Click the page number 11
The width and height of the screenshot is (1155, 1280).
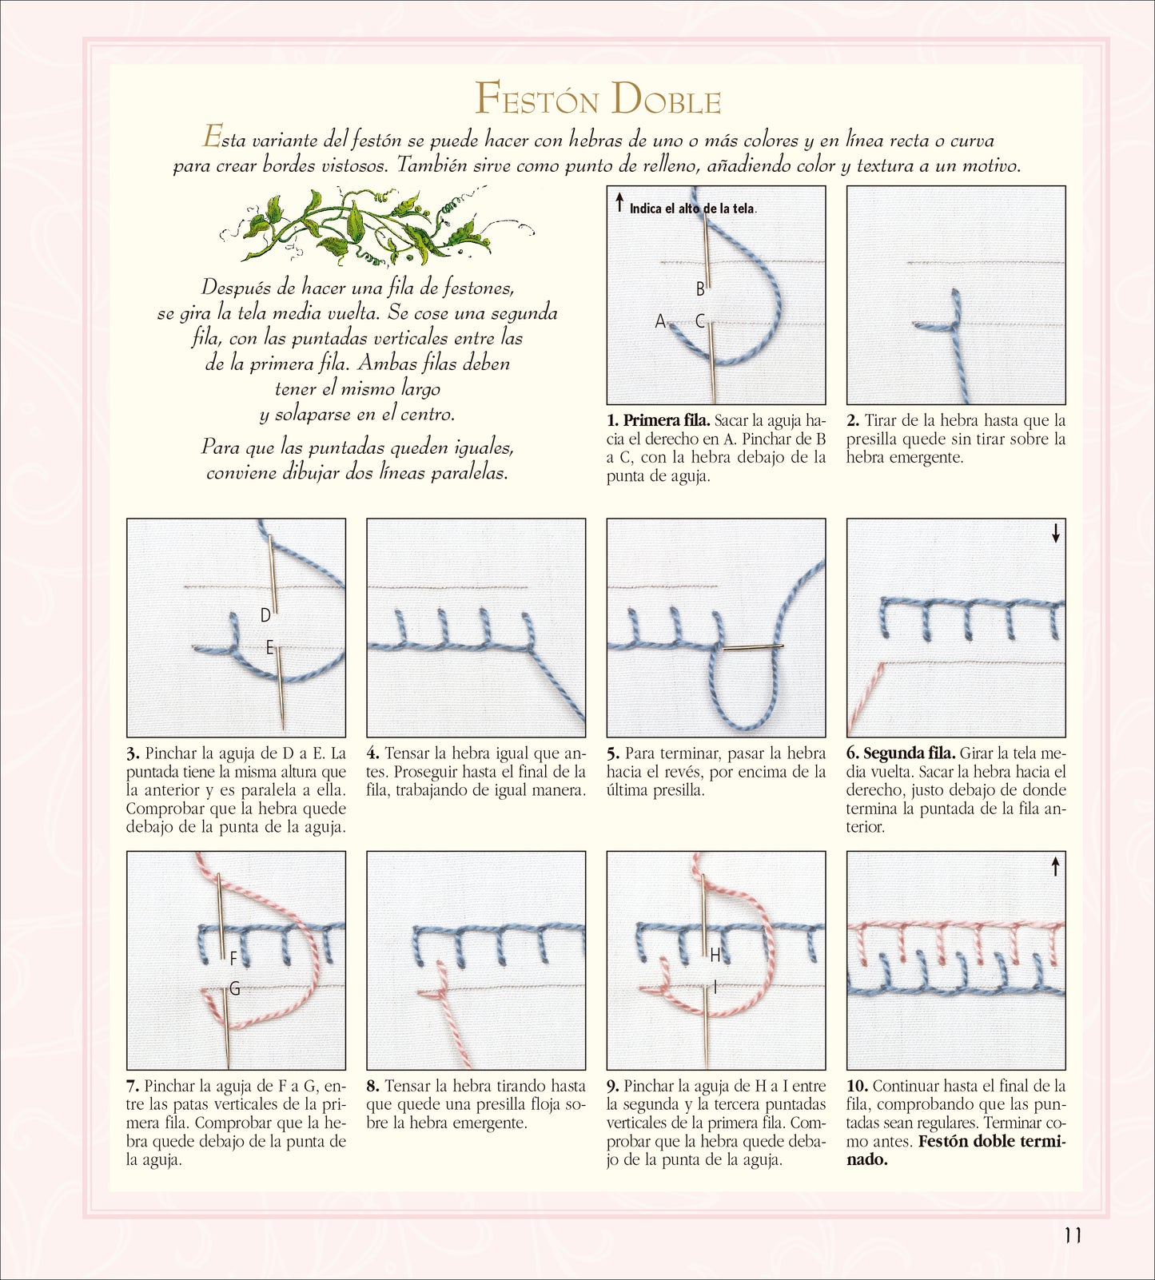coord(1073,1234)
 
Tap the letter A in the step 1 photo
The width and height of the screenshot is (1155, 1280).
coord(660,321)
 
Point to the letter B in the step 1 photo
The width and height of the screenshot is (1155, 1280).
coord(700,289)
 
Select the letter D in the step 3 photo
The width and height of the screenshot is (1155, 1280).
coord(265,615)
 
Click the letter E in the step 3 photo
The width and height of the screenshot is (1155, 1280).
coord(270,647)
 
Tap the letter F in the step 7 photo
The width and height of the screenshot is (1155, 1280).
coord(233,957)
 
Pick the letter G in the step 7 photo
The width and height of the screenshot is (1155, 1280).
coord(235,989)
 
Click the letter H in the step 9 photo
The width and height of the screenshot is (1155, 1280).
coord(715,955)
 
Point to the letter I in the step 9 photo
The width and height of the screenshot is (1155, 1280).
coord(715,988)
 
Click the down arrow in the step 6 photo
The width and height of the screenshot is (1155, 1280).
coord(1056,533)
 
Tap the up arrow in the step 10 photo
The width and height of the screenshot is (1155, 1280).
coord(1056,865)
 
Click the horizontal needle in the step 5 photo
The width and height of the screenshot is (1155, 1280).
coord(754,647)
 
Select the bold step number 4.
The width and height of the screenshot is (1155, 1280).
coord(373,753)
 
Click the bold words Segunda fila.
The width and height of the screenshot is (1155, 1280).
coord(910,753)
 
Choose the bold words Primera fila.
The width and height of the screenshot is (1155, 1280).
coord(667,421)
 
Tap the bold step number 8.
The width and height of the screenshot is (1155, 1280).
coord(373,1087)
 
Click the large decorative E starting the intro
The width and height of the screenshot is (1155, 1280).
coord(212,137)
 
